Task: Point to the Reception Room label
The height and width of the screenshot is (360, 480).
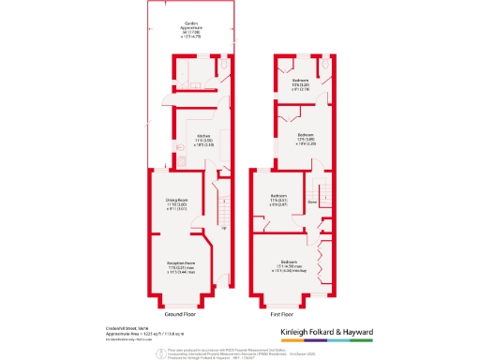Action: click(180, 263)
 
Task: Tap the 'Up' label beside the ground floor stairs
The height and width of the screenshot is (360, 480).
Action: click(223, 226)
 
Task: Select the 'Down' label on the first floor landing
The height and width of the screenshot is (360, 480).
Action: click(313, 200)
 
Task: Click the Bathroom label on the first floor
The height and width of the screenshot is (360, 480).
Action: click(300, 82)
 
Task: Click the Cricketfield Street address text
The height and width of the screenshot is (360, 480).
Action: click(127, 327)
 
